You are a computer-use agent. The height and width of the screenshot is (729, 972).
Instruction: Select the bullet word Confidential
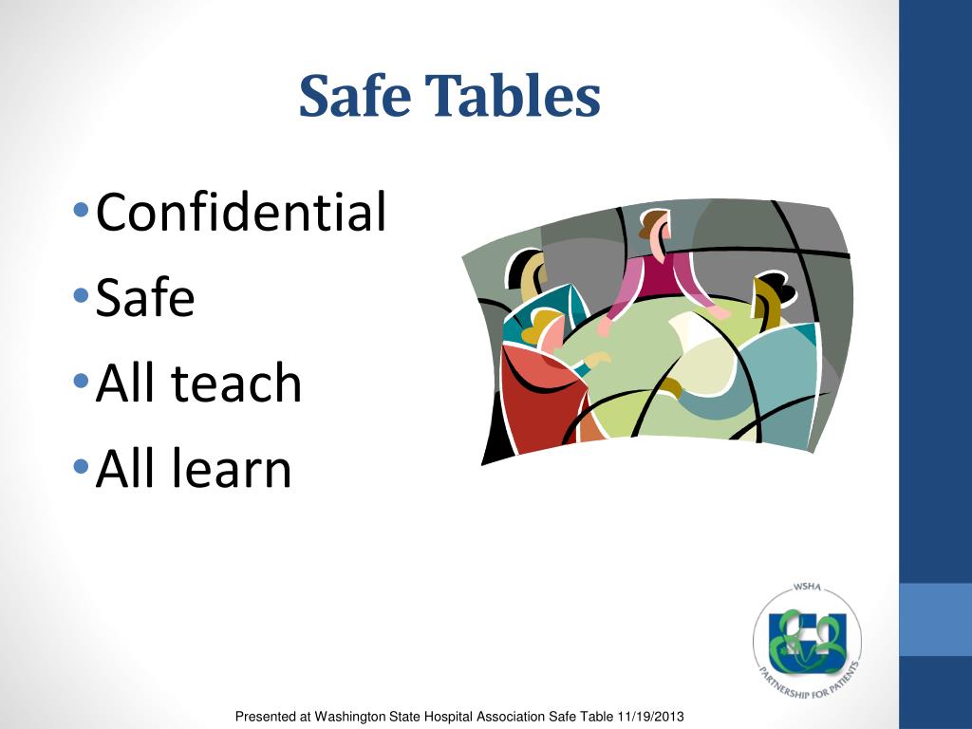pyautogui.click(x=241, y=212)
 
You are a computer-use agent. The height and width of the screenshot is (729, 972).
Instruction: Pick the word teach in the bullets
pyautogui.click(x=237, y=383)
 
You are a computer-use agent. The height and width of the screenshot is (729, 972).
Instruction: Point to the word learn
pyautogui.click(x=231, y=469)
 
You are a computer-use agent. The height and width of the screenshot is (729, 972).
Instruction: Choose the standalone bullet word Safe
pyautogui.click(x=145, y=298)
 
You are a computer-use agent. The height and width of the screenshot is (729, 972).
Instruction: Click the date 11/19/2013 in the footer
pyautogui.click(x=652, y=716)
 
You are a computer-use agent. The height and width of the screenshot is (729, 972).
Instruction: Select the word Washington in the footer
pyautogui.click(x=356, y=716)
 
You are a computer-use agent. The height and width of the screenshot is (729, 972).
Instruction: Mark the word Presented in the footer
pyautogui.click(x=266, y=716)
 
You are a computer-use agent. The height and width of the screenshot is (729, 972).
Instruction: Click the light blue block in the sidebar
pyautogui.click(x=935, y=619)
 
